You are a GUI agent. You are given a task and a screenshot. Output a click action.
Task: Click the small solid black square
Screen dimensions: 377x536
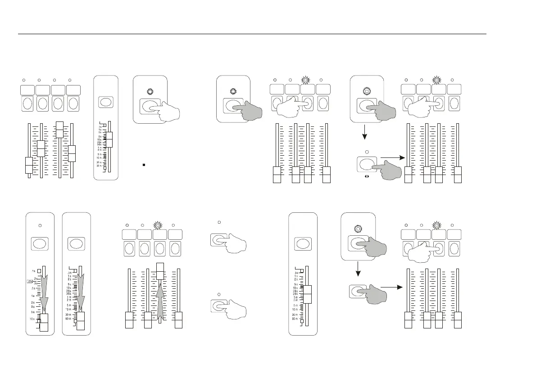[x=143, y=165]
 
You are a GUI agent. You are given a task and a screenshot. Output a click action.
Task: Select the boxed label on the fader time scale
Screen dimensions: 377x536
[x=31, y=282]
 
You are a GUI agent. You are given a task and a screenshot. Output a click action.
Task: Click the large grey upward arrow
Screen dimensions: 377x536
[x=159, y=301]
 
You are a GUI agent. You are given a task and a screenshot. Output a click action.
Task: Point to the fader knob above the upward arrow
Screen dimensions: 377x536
[x=160, y=271]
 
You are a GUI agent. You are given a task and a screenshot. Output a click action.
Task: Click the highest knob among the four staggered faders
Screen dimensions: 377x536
[x=59, y=129]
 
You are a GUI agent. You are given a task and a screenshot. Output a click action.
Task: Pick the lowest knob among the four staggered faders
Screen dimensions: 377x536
[x=28, y=165]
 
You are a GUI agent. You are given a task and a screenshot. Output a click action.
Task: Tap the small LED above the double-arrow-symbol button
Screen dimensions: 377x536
[x=367, y=152]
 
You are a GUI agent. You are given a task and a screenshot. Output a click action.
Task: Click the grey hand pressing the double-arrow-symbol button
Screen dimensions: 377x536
[x=388, y=171]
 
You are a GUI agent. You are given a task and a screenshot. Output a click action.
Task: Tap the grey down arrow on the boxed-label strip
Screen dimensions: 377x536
[x=43, y=292]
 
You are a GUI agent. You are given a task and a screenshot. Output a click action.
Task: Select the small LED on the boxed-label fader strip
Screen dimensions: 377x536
[x=40, y=224]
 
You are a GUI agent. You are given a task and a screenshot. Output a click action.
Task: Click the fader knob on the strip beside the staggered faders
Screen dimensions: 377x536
[x=108, y=140]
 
